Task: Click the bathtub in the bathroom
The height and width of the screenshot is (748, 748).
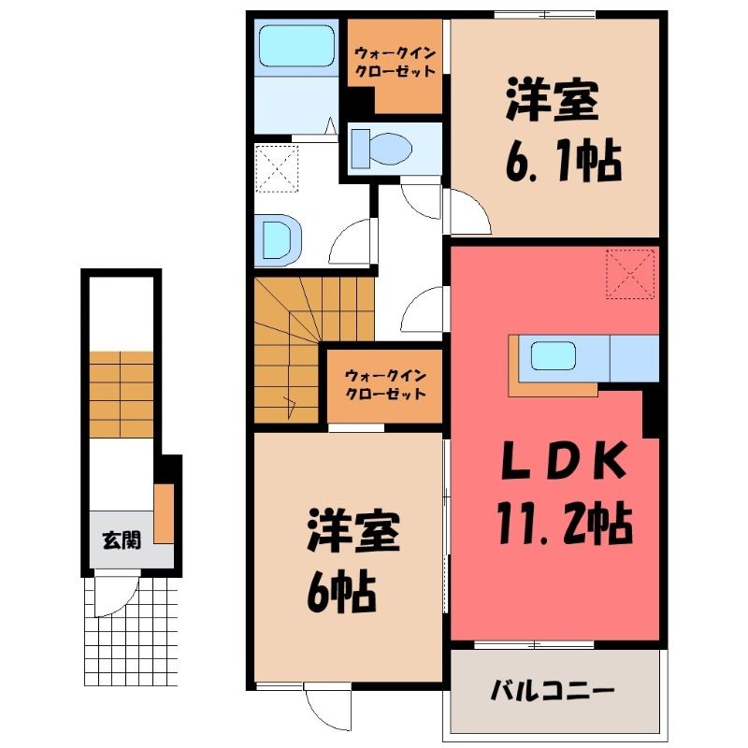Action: point(295,45)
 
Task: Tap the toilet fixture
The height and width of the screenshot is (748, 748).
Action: point(381,148)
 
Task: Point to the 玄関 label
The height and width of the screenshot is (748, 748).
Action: point(122,540)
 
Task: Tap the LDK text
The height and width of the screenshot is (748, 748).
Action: point(563,460)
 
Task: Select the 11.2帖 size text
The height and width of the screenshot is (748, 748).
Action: point(566,525)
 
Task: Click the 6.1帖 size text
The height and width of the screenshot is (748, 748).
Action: point(564,161)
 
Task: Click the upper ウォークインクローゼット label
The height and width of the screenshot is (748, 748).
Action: point(396,62)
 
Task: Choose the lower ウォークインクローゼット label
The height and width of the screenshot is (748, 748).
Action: point(385,385)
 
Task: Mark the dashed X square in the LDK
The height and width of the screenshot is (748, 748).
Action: point(630,274)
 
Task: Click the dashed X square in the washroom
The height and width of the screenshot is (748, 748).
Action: point(277,169)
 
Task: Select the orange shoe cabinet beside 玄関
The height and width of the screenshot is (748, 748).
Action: point(163,513)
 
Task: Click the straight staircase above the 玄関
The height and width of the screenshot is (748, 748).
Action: point(122,395)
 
